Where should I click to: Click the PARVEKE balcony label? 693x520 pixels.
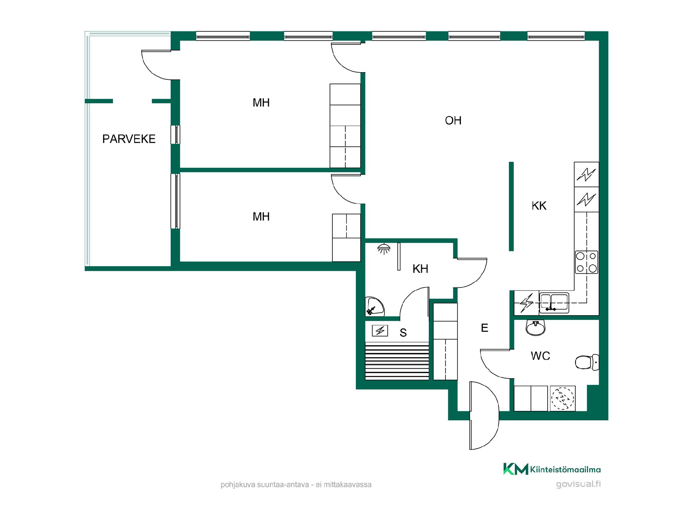click(x=129, y=139)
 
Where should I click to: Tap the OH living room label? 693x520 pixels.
click(x=453, y=121)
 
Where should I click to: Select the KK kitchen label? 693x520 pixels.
click(x=539, y=206)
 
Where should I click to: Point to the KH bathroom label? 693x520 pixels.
click(x=420, y=269)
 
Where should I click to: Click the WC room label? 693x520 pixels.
click(x=540, y=356)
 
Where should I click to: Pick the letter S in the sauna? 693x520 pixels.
click(x=403, y=333)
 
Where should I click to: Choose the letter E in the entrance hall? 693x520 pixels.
click(x=485, y=328)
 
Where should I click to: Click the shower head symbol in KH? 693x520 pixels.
click(x=384, y=249)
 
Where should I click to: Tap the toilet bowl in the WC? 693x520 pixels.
click(x=587, y=362)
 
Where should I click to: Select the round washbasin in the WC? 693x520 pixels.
click(x=536, y=328)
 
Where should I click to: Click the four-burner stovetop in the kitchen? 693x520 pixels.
click(x=587, y=262)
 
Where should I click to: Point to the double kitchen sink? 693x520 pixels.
click(x=554, y=303)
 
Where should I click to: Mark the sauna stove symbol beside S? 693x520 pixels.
click(x=380, y=331)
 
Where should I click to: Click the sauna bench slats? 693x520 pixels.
click(x=397, y=361)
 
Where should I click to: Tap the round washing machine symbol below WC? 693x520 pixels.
click(x=562, y=399)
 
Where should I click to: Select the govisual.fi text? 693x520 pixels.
click(x=578, y=484)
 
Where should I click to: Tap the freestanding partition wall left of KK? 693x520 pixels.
click(x=511, y=206)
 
